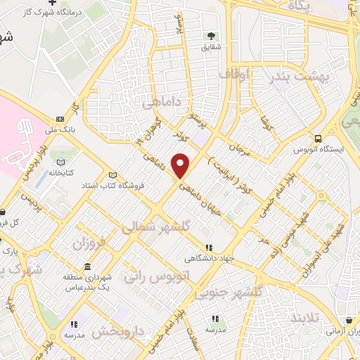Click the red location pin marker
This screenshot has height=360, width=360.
pyautogui.click(x=181, y=165)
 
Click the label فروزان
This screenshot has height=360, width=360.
pyautogui.click(x=89, y=245)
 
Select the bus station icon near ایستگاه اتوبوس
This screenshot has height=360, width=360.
pyautogui.click(x=319, y=139)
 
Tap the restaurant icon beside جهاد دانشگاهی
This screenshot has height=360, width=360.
pyautogui.click(x=209, y=247)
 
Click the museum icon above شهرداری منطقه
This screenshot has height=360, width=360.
pyautogui.click(x=86, y=269)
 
